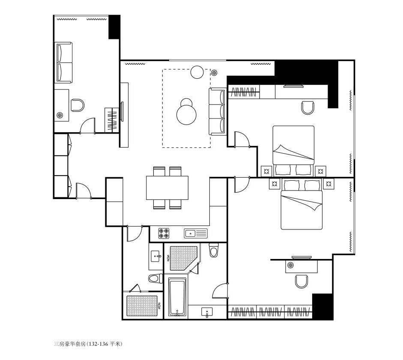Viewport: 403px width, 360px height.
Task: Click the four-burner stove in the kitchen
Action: tap(164, 233)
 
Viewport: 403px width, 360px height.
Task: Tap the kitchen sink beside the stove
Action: tap(196, 233)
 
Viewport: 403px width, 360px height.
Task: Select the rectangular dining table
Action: tap(167, 188)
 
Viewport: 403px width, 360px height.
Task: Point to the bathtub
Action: tap(177, 297)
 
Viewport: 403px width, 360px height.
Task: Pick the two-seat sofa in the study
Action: tap(63, 62)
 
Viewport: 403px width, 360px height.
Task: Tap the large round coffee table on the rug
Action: tap(187, 115)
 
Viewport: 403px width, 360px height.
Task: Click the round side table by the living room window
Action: tap(197, 72)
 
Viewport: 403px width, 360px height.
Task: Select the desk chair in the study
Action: tap(78, 105)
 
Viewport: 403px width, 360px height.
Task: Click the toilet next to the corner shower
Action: tap(214, 250)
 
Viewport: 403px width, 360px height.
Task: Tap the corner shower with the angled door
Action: tap(183, 258)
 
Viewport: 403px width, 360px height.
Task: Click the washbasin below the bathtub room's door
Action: tap(207, 312)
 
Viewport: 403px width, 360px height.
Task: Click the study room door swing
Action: tap(88, 126)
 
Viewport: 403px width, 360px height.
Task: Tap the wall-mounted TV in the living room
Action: tap(122, 111)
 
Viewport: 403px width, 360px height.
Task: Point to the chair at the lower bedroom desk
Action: tap(301, 281)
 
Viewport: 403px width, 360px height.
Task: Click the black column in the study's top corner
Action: tap(114, 27)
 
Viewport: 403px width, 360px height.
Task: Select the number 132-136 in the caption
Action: tap(98, 344)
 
